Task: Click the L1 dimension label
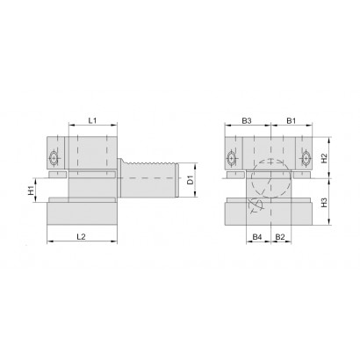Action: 92,120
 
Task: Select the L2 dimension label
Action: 81,236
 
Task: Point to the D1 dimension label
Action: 191,180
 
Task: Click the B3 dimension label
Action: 247,120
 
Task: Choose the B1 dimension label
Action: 291,120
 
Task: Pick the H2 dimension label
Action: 324,158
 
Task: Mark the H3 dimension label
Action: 324,203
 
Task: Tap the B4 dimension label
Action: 257,237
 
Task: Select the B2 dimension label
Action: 280,237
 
